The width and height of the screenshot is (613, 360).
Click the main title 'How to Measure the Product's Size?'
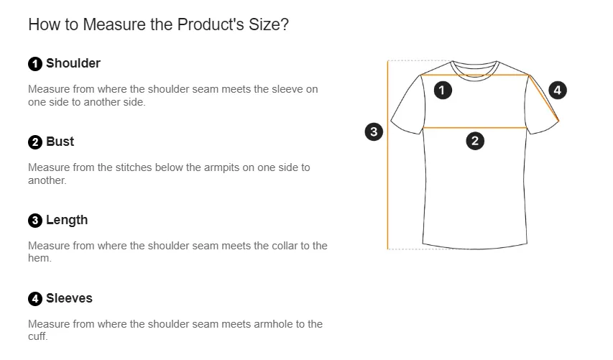158,24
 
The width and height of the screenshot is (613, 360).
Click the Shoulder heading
73,63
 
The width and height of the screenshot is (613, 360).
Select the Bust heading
60,142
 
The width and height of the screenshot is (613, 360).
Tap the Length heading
67,220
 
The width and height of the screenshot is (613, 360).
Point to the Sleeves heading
69,298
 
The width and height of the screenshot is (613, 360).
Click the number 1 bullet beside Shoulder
35,64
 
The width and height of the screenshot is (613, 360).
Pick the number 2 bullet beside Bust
35,142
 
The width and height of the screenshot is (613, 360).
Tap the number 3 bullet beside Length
35,221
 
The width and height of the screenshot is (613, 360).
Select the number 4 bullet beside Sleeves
35,299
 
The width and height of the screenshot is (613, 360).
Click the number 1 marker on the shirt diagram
443,91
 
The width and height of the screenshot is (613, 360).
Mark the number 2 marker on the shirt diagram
475,141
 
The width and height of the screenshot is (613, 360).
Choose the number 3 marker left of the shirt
374,131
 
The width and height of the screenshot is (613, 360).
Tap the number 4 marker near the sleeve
558,91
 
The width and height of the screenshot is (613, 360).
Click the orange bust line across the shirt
475,127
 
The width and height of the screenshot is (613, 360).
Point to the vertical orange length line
388,154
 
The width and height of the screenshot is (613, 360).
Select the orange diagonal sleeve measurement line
544,98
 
